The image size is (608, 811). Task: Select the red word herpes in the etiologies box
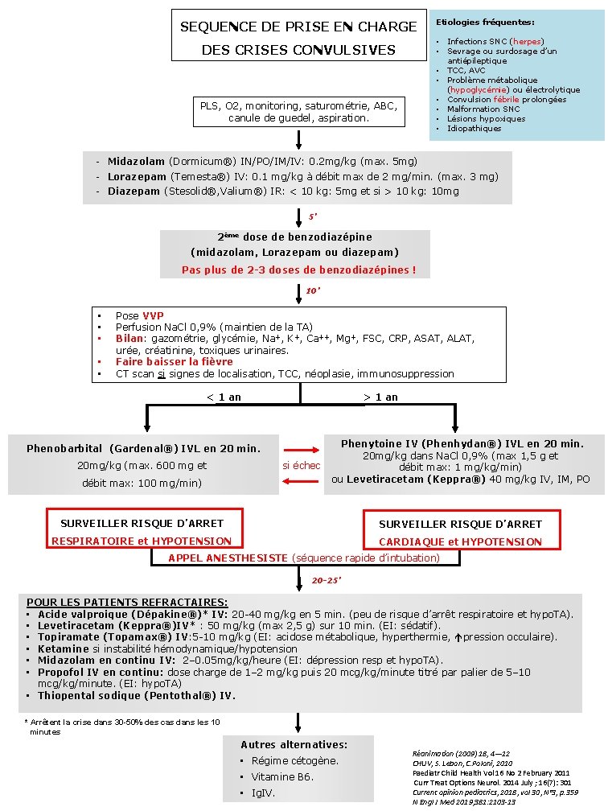[x=527, y=41]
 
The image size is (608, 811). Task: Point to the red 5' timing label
[x=314, y=216]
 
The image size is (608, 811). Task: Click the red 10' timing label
[x=314, y=290]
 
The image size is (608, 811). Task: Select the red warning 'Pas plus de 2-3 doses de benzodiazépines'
[x=298, y=270]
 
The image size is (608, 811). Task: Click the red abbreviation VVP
[x=153, y=316]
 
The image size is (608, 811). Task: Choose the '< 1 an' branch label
[x=224, y=397]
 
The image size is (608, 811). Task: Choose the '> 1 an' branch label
[x=380, y=397]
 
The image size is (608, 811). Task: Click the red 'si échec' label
[x=301, y=465]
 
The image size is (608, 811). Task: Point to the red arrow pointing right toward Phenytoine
[x=301, y=451]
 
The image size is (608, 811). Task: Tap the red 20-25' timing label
[x=327, y=578]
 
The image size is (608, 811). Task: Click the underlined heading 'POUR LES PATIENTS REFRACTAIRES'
[x=127, y=602]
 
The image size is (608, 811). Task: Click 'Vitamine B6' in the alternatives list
[x=282, y=777]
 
